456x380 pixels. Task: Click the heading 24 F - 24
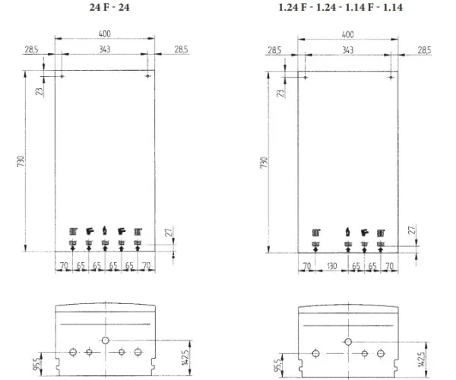109,7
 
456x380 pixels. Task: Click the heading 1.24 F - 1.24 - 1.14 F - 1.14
340,7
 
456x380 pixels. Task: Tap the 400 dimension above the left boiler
105,33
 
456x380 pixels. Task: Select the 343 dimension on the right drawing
347,50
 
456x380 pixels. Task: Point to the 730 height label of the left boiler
21,161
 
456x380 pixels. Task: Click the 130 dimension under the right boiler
331,266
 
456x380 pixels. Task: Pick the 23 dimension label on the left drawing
40,91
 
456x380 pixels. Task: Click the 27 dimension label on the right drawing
412,230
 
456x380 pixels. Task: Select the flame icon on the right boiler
348,232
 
